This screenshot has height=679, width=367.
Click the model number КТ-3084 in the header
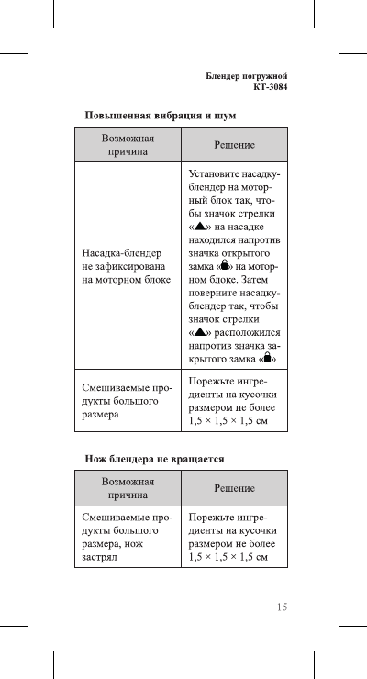pyautogui.click(x=269, y=88)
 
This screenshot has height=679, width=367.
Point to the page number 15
pyautogui.click(x=282, y=607)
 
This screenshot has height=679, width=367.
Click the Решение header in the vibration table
pyautogui.click(x=234, y=145)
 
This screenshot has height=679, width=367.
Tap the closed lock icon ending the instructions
pyautogui.click(x=267, y=360)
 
